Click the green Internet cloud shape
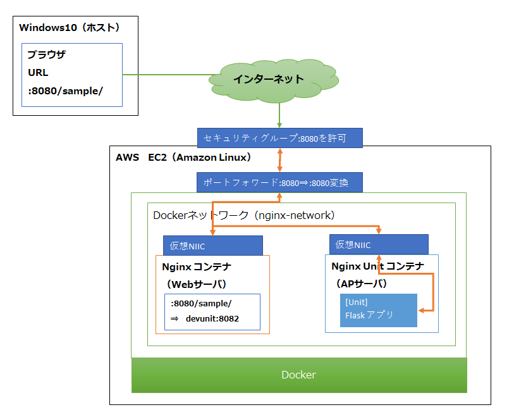pos(269,80)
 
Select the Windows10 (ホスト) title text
pos(70,27)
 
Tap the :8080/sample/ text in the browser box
pos(65,91)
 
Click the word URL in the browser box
pos(38,73)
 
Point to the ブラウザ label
pos(46,55)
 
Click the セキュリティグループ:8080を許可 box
pos(279,138)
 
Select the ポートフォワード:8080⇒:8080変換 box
pos(279,182)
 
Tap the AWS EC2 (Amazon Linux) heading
pos(183,157)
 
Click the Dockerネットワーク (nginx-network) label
pos(243,215)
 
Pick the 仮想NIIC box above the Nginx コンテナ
pos(212,246)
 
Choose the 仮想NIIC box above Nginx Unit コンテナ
pos(378,244)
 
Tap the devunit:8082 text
pos(212,319)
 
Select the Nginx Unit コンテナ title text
pos(377,266)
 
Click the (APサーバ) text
pos(360,283)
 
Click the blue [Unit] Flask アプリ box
pos(378,310)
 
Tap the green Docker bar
pos(298,375)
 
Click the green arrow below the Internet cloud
pos(279,116)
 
